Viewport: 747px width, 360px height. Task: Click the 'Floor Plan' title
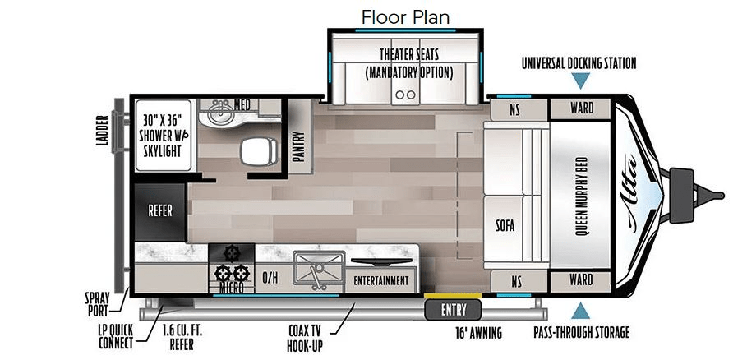[x=405, y=17]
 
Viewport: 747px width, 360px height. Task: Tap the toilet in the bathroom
[x=259, y=151]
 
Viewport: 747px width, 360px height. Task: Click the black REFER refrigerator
[x=159, y=211]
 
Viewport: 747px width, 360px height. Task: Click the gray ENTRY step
[x=453, y=311]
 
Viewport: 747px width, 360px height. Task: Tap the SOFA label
[x=505, y=224]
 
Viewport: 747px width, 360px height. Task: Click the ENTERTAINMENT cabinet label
[x=381, y=281]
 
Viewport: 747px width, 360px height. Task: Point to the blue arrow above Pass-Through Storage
[x=580, y=311]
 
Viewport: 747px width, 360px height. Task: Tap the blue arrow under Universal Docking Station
[x=580, y=81]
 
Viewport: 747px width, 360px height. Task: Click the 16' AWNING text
[x=477, y=333]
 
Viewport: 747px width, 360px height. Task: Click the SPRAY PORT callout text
[x=98, y=305]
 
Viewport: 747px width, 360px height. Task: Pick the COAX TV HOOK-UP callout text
[x=305, y=338]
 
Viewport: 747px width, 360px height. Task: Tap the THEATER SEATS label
[x=408, y=54]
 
